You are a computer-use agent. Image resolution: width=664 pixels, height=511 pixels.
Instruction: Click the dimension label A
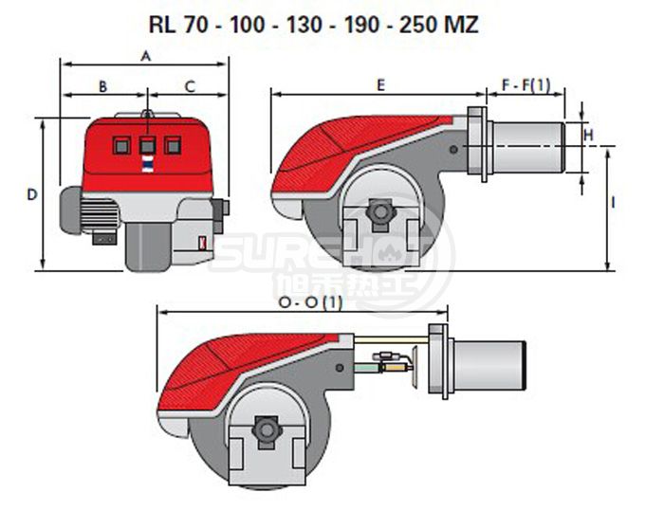[x=146, y=56]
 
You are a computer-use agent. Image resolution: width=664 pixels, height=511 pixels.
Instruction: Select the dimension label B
[x=102, y=86]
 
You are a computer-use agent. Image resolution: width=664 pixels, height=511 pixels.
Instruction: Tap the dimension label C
[x=190, y=86]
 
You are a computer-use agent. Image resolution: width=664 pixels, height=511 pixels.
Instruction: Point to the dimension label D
[x=32, y=194]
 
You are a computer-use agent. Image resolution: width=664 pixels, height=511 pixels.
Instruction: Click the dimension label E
[x=381, y=85]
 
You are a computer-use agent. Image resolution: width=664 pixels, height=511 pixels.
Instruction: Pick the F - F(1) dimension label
[x=526, y=85]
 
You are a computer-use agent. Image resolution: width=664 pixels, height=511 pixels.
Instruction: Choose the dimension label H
[x=589, y=135]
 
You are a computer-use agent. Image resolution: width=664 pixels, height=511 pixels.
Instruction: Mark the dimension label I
[x=613, y=203]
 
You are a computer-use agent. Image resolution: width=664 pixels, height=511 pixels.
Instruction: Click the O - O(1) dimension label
[x=310, y=302]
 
